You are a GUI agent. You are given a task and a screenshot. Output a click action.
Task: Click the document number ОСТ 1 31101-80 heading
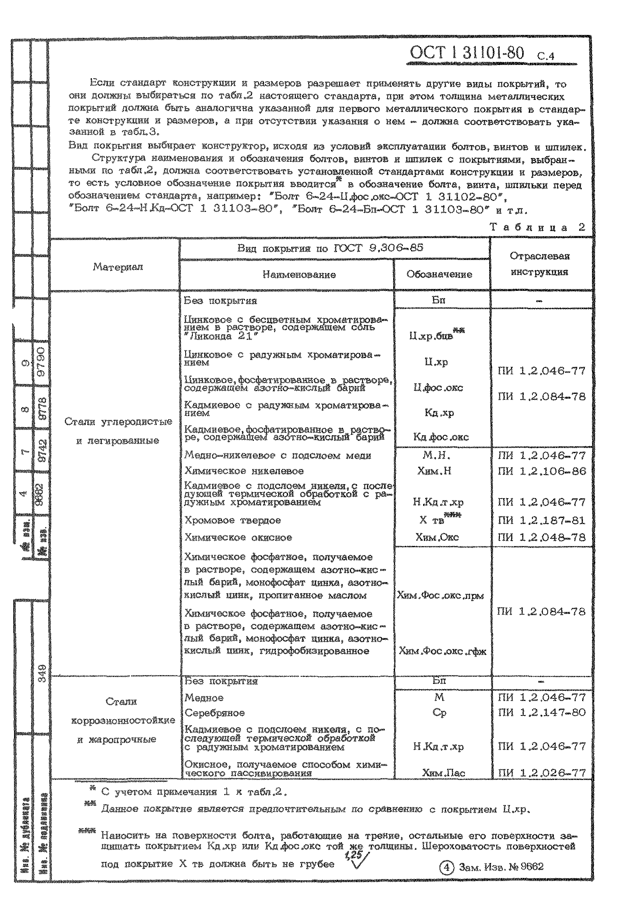(467, 53)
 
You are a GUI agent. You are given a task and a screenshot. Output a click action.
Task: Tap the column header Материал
(118, 267)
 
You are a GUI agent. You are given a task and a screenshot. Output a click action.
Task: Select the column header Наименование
(299, 275)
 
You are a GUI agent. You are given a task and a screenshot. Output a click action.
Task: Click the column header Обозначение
(439, 275)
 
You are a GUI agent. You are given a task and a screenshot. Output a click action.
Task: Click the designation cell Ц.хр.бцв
(431, 336)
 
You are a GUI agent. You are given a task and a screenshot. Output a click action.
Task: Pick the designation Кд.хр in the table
(439, 412)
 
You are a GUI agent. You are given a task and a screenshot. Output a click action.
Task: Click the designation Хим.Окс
(437, 537)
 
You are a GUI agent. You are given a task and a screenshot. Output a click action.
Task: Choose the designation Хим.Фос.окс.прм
(440, 595)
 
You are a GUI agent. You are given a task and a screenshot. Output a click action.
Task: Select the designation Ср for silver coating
(439, 712)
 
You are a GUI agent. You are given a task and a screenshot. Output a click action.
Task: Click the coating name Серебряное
(215, 713)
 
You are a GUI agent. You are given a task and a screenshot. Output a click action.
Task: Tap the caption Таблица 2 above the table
(537, 227)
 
